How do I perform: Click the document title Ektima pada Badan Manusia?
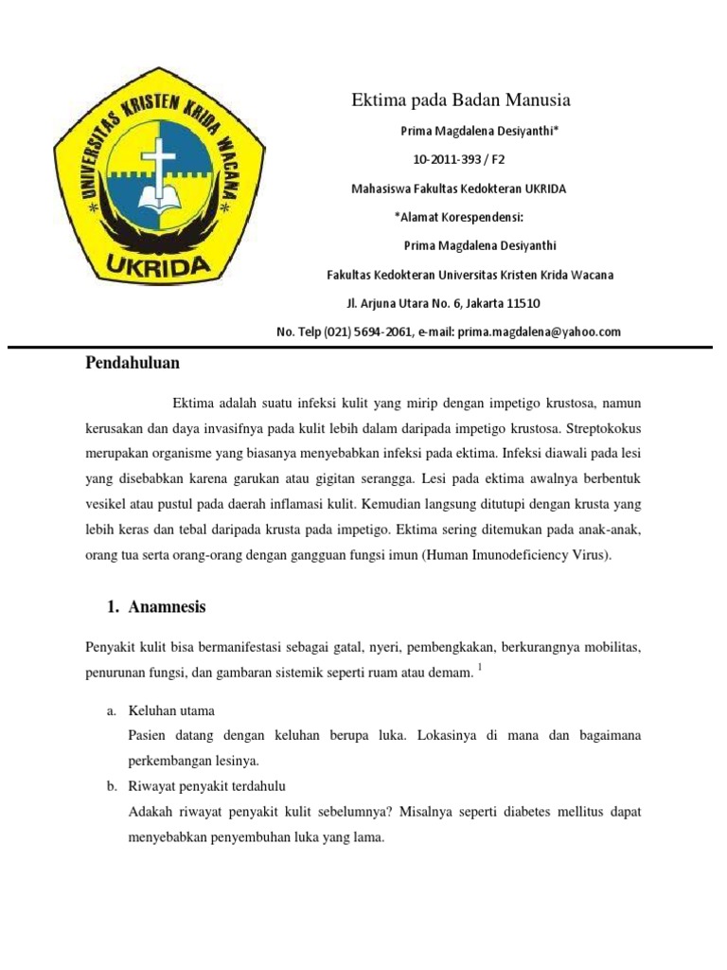pyautogui.click(x=461, y=100)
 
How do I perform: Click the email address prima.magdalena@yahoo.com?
pyautogui.click(x=539, y=332)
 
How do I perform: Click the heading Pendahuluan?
pyautogui.click(x=133, y=363)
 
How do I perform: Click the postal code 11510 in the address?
pyautogui.click(x=523, y=303)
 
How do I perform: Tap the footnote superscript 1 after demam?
pyautogui.click(x=479, y=668)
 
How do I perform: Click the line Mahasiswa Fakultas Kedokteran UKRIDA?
pyautogui.click(x=458, y=189)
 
